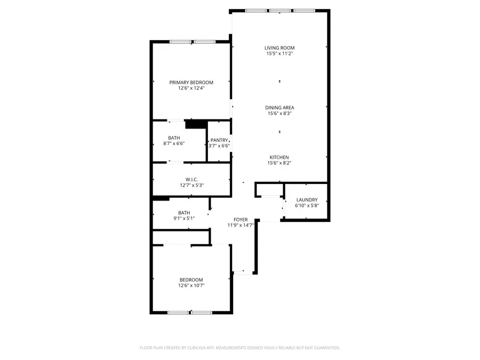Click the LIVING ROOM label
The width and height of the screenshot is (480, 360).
tap(279, 48)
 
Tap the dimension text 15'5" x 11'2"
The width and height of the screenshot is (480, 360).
tap(279, 53)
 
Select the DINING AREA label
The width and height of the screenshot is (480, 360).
tap(279, 108)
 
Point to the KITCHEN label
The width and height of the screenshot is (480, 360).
tap(279, 157)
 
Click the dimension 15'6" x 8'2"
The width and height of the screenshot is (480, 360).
tap(279, 163)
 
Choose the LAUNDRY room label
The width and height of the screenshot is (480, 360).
tap(307, 200)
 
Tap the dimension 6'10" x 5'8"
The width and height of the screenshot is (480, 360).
tap(307, 205)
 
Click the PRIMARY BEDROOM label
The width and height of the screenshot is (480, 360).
tap(191, 82)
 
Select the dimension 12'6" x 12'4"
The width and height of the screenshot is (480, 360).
tap(191, 88)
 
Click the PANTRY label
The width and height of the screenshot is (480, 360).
tap(219, 140)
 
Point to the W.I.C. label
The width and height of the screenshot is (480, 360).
tap(191, 180)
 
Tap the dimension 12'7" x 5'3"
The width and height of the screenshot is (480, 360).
tap(191, 186)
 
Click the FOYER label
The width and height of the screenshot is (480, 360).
tap(241, 220)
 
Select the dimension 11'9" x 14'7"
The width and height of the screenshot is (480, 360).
tap(241, 225)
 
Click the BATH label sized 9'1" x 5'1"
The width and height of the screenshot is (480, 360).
tap(184, 212)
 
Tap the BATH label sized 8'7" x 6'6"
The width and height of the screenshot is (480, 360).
tap(173, 138)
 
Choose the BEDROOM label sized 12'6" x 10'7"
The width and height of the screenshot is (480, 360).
tap(191, 280)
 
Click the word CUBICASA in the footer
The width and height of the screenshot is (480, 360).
tap(196, 348)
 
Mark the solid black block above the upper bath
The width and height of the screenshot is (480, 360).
tap(196, 124)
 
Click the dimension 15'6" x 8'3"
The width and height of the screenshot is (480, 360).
tap(279, 113)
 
